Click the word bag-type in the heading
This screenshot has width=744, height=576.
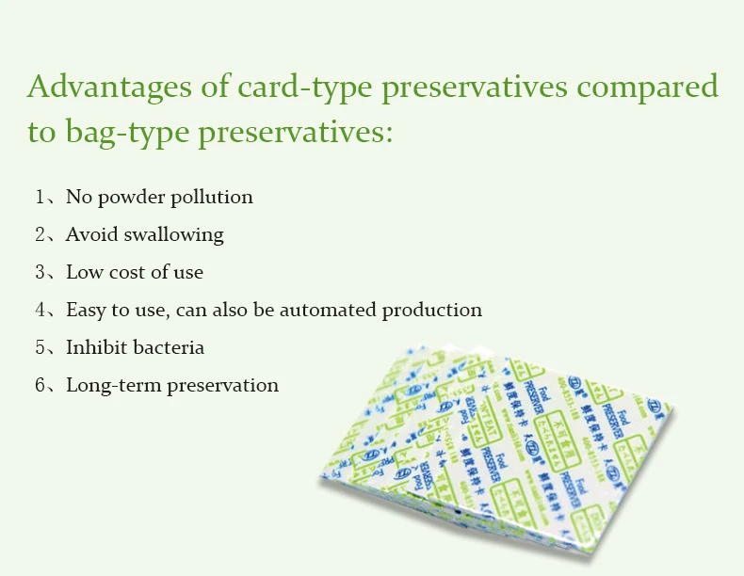point(126,132)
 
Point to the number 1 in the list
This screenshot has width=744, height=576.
point(40,197)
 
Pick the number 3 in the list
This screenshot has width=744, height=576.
point(40,272)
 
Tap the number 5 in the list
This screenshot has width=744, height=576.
point(40,347)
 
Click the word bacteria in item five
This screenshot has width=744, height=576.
point(169,347)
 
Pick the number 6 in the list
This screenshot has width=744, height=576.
point(40,385)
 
